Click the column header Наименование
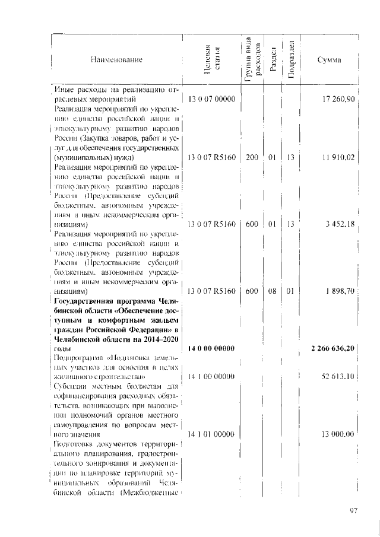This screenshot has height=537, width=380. tap(117, 61)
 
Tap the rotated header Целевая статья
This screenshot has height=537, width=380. tap(212, 61)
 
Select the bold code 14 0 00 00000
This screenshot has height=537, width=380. tap(212, 348)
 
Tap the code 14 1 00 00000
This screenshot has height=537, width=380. tap(212, 376)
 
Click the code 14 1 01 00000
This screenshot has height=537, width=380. tap(212, 434)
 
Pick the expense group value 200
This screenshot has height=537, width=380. tap(251, 158)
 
